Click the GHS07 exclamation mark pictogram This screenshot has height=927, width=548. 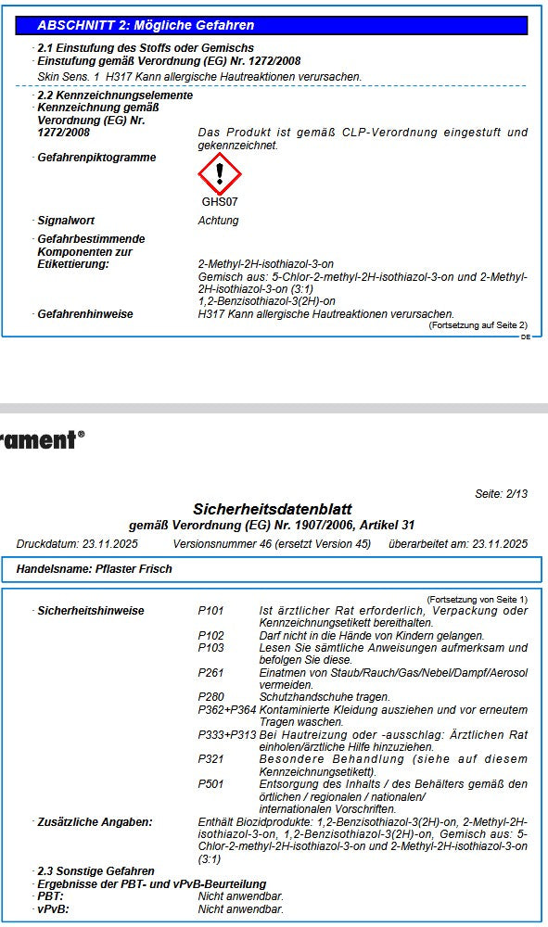(220, 174)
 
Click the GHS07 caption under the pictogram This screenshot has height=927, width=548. (220, 201)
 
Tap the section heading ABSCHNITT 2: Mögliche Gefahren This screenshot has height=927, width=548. (146, 25)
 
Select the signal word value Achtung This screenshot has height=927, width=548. (218, 221)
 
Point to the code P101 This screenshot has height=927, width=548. (210, 611)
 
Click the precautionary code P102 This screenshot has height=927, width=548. (210, 636)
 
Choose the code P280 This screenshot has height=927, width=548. (210, 697)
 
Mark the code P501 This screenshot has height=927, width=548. (210, 784)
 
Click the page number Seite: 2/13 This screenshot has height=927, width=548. (501, 494)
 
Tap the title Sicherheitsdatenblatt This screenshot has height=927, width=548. (272, 509)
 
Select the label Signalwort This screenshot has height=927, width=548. (66, 221)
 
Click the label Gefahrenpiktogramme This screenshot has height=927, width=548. (96, 158)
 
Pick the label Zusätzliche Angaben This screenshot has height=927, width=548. (95, 822)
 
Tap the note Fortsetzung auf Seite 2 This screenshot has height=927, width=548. (478, 325)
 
